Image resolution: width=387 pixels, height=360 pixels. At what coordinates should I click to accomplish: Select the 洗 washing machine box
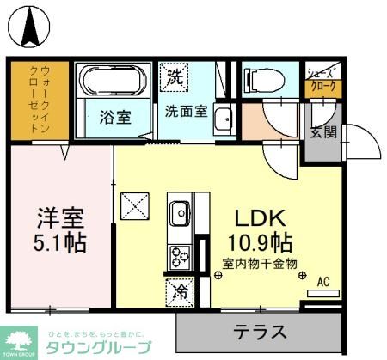pyautogui.click(x=175, y=75)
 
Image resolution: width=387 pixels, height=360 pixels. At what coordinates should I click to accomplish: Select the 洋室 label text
pyautogui.click(x=60, y=216)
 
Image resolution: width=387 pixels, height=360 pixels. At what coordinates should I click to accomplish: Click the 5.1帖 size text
pyautogui.click(x=60, y=242)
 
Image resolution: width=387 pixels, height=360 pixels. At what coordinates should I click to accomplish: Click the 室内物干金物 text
pyautogui.click(x=259, y=264)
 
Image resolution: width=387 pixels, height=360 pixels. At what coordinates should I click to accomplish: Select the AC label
pyautogui.click(x=323, y=281)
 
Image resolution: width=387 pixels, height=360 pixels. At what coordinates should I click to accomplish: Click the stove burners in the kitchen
pyautogui.click(x=181, y=255)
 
